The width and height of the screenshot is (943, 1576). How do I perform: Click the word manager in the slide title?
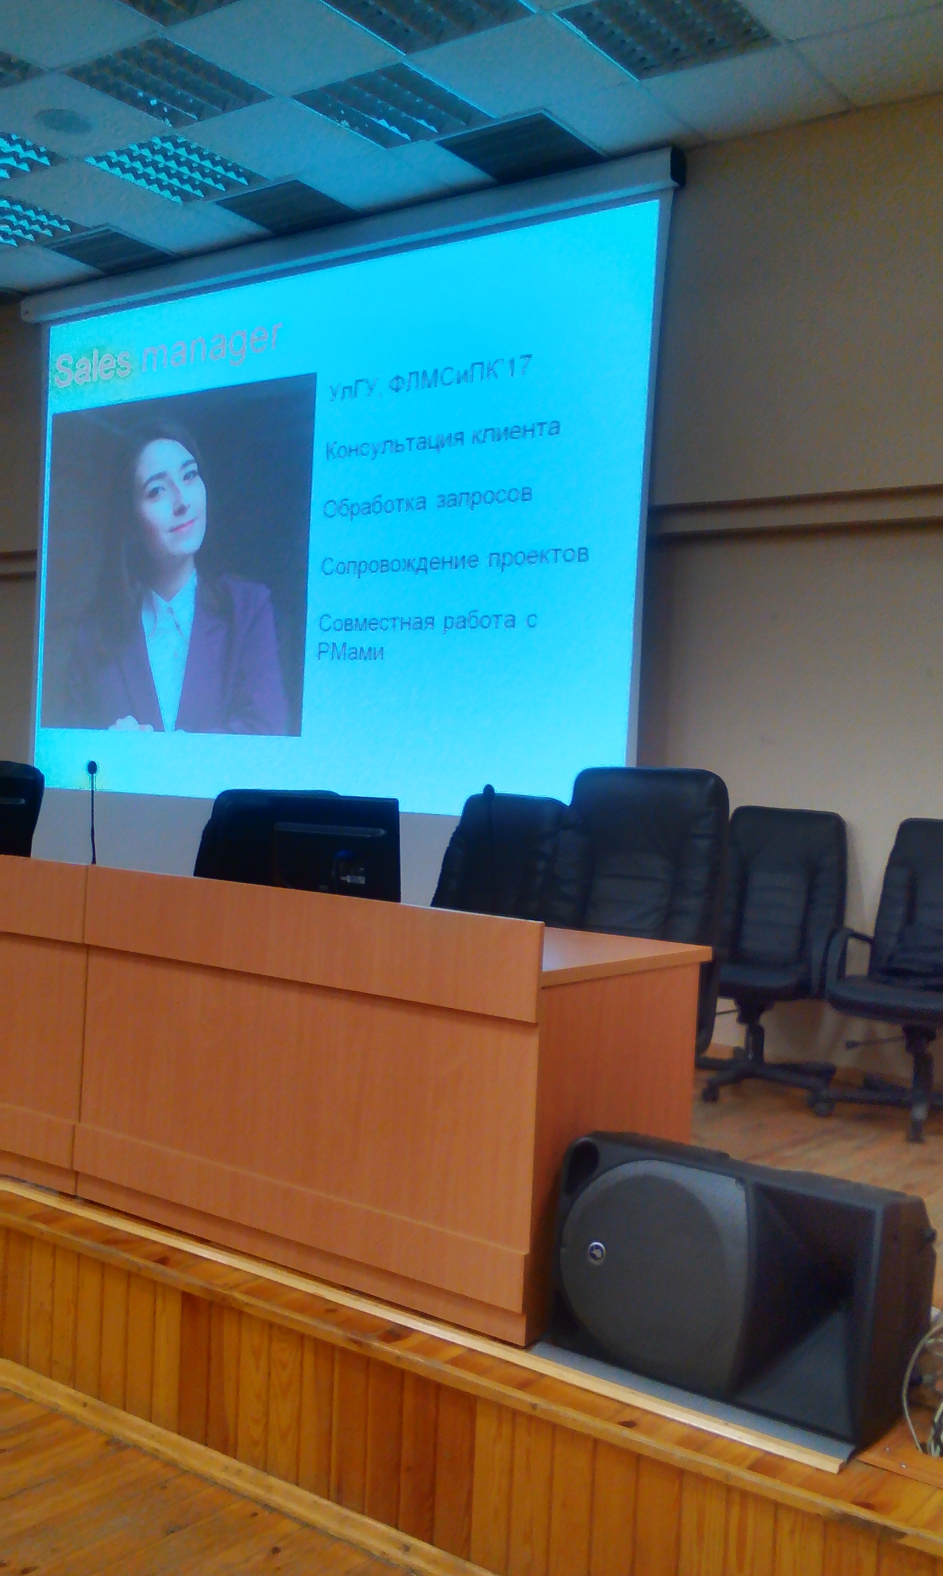pos(210,347)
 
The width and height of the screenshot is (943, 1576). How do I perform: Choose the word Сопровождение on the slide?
pos(400,563)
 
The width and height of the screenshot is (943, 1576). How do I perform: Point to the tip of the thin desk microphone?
pos(92,766)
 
